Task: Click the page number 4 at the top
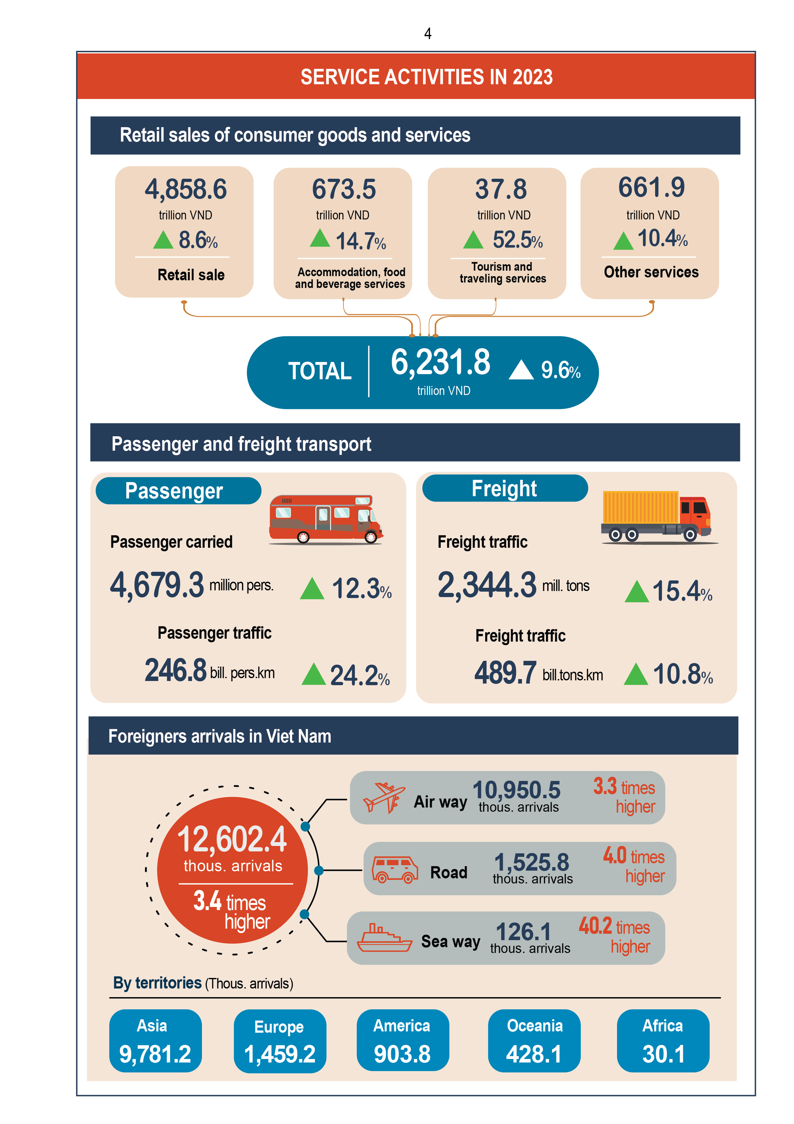[x=428, y=34]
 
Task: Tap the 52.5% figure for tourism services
[x=517, y=240]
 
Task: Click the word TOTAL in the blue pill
[x=319, y=371]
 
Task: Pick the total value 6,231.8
[x=440, y=363]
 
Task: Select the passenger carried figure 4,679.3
[x=156, y=585]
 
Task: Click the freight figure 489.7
[x=505, y=673]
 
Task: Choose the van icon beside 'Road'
[x=394, y=869]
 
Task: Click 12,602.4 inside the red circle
[x=232, y=839]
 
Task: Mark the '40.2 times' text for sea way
[x=614, y=927]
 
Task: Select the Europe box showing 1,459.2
[x=279, y=1041]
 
